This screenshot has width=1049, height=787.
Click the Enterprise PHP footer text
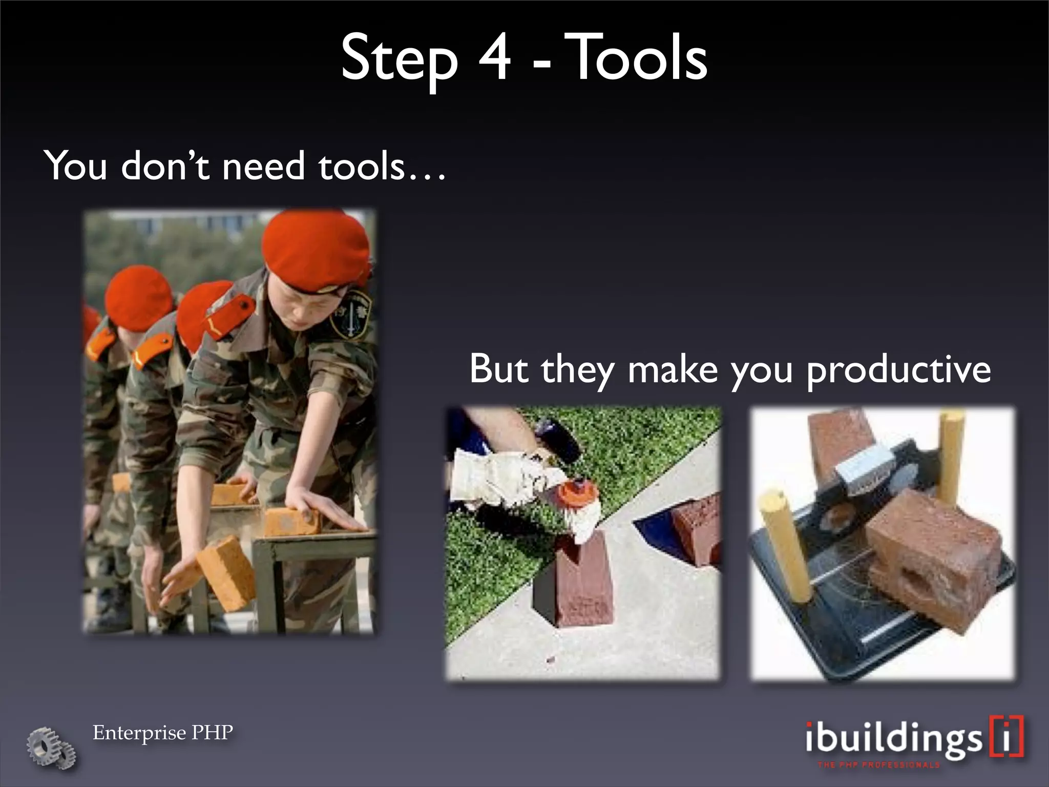point(162,733)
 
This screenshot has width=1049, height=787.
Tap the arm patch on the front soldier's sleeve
point(350,315)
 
